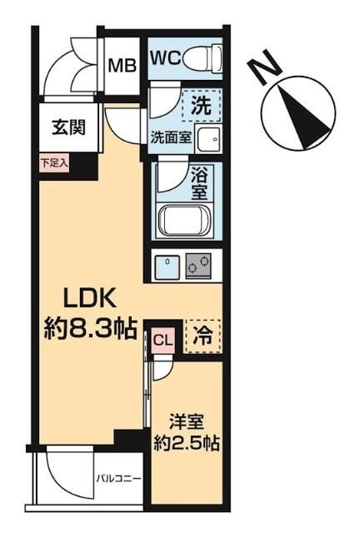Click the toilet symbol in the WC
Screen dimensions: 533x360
202,57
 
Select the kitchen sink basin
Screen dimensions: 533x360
168,266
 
